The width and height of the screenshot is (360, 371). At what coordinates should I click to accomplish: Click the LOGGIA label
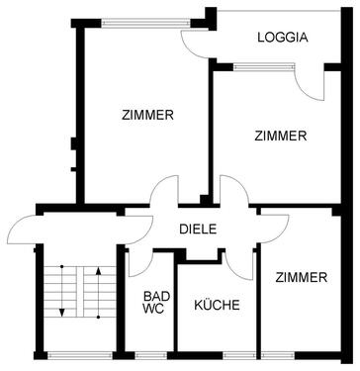[282, 39]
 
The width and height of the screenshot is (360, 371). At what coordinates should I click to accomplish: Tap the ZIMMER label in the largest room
[148, 115]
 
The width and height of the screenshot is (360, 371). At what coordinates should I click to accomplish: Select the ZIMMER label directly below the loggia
[280, 136]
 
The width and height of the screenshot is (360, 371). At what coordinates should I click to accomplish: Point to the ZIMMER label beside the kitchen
[301, 278]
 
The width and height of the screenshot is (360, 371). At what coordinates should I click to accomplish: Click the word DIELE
[198, 230]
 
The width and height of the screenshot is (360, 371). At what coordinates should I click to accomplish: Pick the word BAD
[156, 296]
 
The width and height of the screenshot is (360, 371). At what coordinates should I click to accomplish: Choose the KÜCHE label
[217, 306]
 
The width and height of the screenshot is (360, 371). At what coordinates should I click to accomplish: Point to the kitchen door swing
[237, 263]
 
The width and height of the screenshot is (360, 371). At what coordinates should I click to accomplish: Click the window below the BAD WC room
[151, 354]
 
